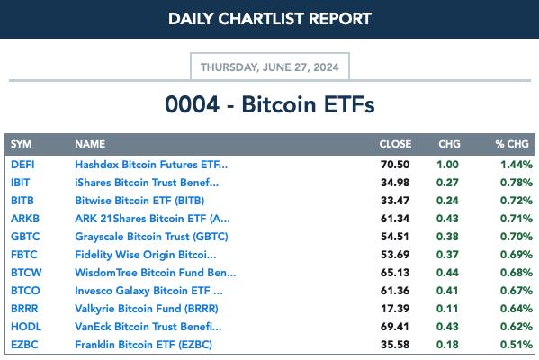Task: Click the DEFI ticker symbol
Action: pyautogui.click(x=22, y=165)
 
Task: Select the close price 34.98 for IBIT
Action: pyautogui.click(x=395, y=183)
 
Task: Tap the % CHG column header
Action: pyautogui.click(x=512, y=144)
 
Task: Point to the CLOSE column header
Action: pyautogui.click(x=395, y=144)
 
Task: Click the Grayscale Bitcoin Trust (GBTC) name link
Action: pyautogui.click(x=151, y=237)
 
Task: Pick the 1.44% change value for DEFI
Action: pyautogui.click(x=517, y=165)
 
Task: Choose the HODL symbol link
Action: pyautogui.click(x=26, y=327)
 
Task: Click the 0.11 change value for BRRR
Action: pyautogui.click(x=447, y=309)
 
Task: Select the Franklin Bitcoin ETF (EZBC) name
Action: pyautogui.click(x=144, y=345)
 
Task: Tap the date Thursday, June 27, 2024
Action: pyautogui.click(x=270, y=67)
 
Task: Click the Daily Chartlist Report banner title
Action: pyautogui.click(x=270, y=19)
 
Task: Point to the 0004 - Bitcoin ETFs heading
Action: pyautogui.click(x=270, y=104)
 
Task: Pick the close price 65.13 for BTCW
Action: pyautogui.click(x=395, y=273)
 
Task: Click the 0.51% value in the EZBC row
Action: pyautogui.click(x=517, y=345)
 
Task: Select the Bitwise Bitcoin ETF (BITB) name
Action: pyautogui.click(x=139, y=201)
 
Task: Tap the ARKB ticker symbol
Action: pyautogui.click(x=25, y=219)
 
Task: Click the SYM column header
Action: pyautogui.click(x=21, y=144)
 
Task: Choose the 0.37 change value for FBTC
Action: pyautogui.click(x=447, y=255)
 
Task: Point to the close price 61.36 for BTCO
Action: pyautogui.click(x=395, y=291)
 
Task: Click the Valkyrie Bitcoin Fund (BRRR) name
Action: pyautogui.click(x=147, y=309)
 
